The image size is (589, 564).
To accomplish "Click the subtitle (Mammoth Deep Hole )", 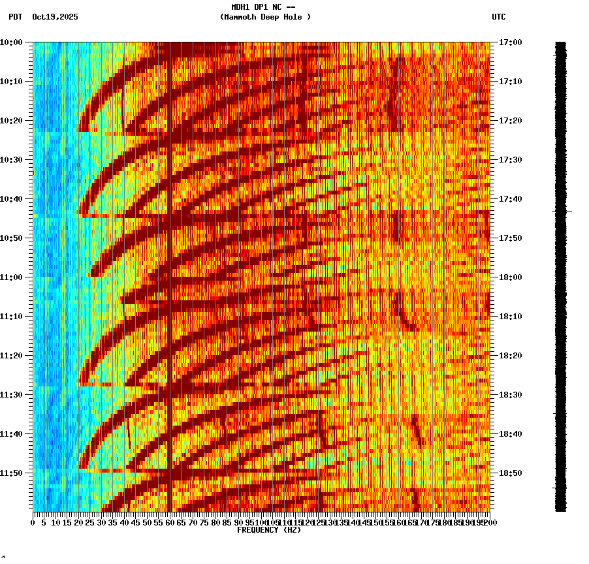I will [265, 17].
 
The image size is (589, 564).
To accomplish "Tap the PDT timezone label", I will [15, 17].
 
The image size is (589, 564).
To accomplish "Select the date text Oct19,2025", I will [55, 17].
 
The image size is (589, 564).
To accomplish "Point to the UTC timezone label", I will [498, 17].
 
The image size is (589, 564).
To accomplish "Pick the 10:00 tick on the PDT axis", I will [11, 42].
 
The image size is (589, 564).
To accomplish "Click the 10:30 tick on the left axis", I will [11, 160].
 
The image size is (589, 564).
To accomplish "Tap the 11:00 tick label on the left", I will [11, 277].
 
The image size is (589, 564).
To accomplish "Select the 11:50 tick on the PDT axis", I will [11, 473].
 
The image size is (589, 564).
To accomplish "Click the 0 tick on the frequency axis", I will [33, 522].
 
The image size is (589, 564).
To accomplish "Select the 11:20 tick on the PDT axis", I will [11, 356].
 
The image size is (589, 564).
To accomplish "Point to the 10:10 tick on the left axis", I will [11, 82].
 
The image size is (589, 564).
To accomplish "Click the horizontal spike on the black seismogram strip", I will [568, 211].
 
